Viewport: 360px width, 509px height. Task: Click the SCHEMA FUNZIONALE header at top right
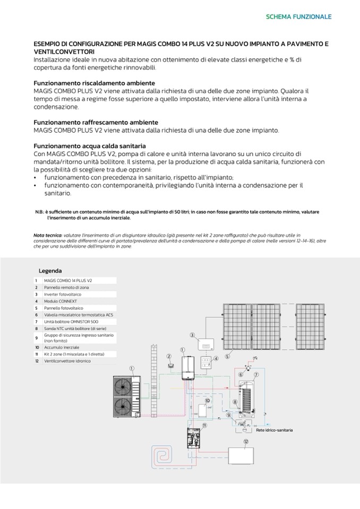coord(298,16)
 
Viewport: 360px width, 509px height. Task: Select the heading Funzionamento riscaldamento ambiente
coord(94,83)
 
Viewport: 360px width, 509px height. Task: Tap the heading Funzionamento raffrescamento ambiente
coord(96,122)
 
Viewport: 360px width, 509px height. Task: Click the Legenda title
coord(50,271)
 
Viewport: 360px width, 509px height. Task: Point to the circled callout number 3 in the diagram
coord(193,335)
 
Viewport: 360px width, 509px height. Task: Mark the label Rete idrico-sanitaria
coord(274,430)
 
